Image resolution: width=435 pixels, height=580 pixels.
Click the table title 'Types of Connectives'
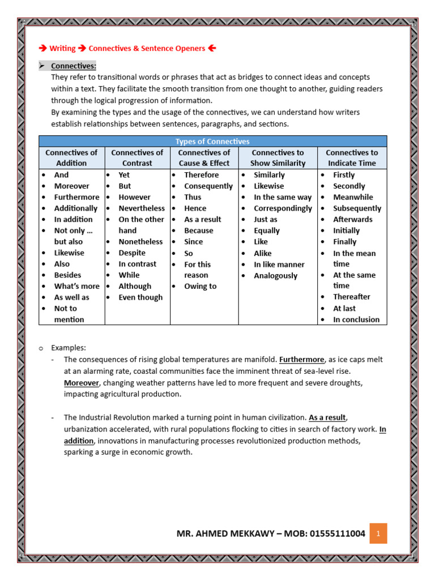(x=212, y=142)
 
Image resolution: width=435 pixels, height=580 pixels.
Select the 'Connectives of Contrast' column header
(x=137, y=158)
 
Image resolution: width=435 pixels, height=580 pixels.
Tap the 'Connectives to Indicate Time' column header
(x=352, y=158)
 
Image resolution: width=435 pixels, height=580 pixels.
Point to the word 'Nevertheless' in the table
(x=142, y=208)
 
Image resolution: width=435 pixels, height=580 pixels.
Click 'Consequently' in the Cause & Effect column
(x=208, y=186)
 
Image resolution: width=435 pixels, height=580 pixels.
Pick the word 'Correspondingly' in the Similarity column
(x=283, y=208)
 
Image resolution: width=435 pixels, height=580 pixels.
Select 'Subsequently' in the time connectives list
(x=357, y=208)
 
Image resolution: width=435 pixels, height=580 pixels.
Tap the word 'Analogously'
(x=275, y=276)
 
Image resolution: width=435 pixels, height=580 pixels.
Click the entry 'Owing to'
(x=200, y=287)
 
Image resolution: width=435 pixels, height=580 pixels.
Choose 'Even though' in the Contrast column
(x=140, y=297)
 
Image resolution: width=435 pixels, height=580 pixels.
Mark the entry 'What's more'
(x=76, y=287)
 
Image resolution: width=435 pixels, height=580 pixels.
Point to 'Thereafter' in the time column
(x=351, y=297)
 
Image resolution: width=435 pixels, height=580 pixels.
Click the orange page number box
(x=378, y=534)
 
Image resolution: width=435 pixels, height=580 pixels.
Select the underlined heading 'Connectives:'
(x=74, y=66)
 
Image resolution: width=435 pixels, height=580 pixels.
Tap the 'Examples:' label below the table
(x=69, y=348)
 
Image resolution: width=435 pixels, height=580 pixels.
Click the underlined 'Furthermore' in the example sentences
(x=301, y=360)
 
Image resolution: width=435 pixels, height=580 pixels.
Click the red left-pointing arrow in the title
(x=212, y=49)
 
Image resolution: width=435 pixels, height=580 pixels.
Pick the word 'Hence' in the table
(x=195, y=208)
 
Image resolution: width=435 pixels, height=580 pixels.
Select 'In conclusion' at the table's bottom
(x=356, y=319)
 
